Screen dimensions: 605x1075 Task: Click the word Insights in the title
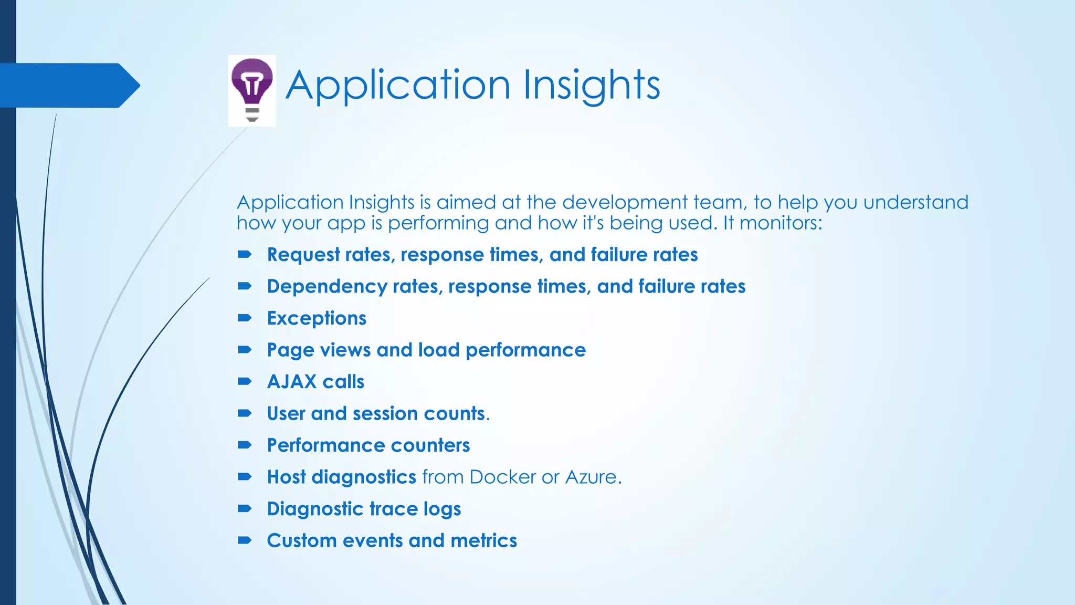pos(592,85)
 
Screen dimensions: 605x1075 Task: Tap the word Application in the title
pos(397,85)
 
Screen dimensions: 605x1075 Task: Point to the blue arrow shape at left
pos(68,85)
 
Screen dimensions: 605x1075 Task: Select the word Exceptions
pos(317,318)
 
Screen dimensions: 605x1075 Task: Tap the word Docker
pos(502,477)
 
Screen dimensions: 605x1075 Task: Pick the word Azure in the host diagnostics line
pos(591,477)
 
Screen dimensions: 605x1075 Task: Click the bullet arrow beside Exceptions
pos(245,318)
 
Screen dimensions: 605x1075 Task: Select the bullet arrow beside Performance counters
pos(245,445)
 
